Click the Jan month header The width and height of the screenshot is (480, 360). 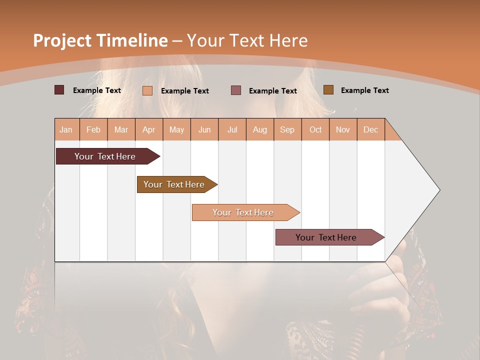pos(66,129)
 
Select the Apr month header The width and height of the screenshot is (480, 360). pos(149,129)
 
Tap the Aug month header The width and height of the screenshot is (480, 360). pos(260,129)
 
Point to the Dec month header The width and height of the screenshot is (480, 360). pos(371,129)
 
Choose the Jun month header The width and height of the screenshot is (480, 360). pos(204,129)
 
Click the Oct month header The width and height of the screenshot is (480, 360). pos(315,129)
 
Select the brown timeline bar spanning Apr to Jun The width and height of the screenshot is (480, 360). pos(174,184)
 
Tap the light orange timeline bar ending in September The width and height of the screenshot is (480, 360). pos(243,212)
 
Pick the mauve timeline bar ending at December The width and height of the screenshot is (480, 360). pos(326,237)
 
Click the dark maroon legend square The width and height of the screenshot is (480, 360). pos(59,90)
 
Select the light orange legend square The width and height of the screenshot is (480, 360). pos(147,90)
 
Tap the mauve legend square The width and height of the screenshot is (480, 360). pos(236,90)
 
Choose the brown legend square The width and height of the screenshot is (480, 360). pos(328,90)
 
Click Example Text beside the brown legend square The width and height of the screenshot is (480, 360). pos(364,90)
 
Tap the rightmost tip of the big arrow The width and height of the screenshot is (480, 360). pos(439,190)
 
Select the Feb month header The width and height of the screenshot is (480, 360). pos(93,129)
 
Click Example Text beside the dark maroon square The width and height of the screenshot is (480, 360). pos(97,90)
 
